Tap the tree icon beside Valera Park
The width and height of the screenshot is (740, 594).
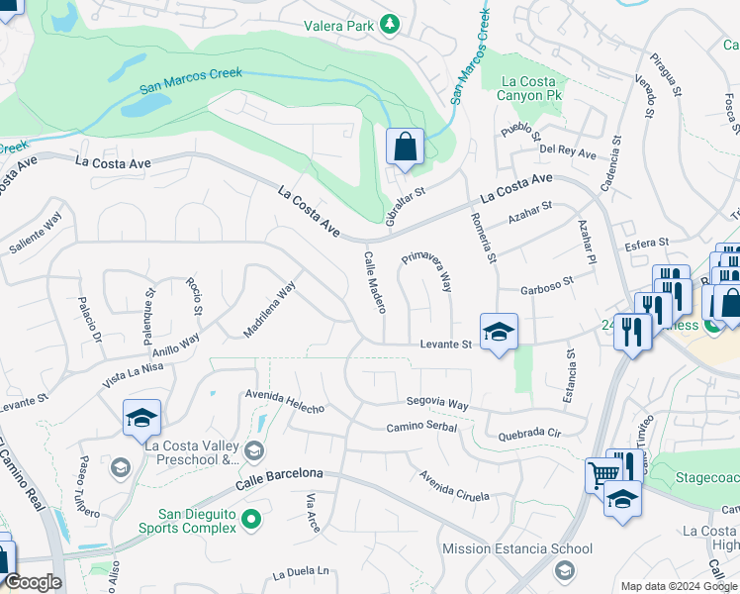pos(391,23)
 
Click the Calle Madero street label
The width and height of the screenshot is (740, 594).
pos(374,282)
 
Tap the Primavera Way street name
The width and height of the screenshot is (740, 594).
pos(427,270)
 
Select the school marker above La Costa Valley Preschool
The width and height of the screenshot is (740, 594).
pos(141,419)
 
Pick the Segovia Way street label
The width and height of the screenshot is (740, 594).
pos(437,403)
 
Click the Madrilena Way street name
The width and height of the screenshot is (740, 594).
pos(269,309)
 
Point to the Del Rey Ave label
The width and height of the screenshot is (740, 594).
pos(568,153)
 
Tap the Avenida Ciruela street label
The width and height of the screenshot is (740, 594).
pos(453,485)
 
